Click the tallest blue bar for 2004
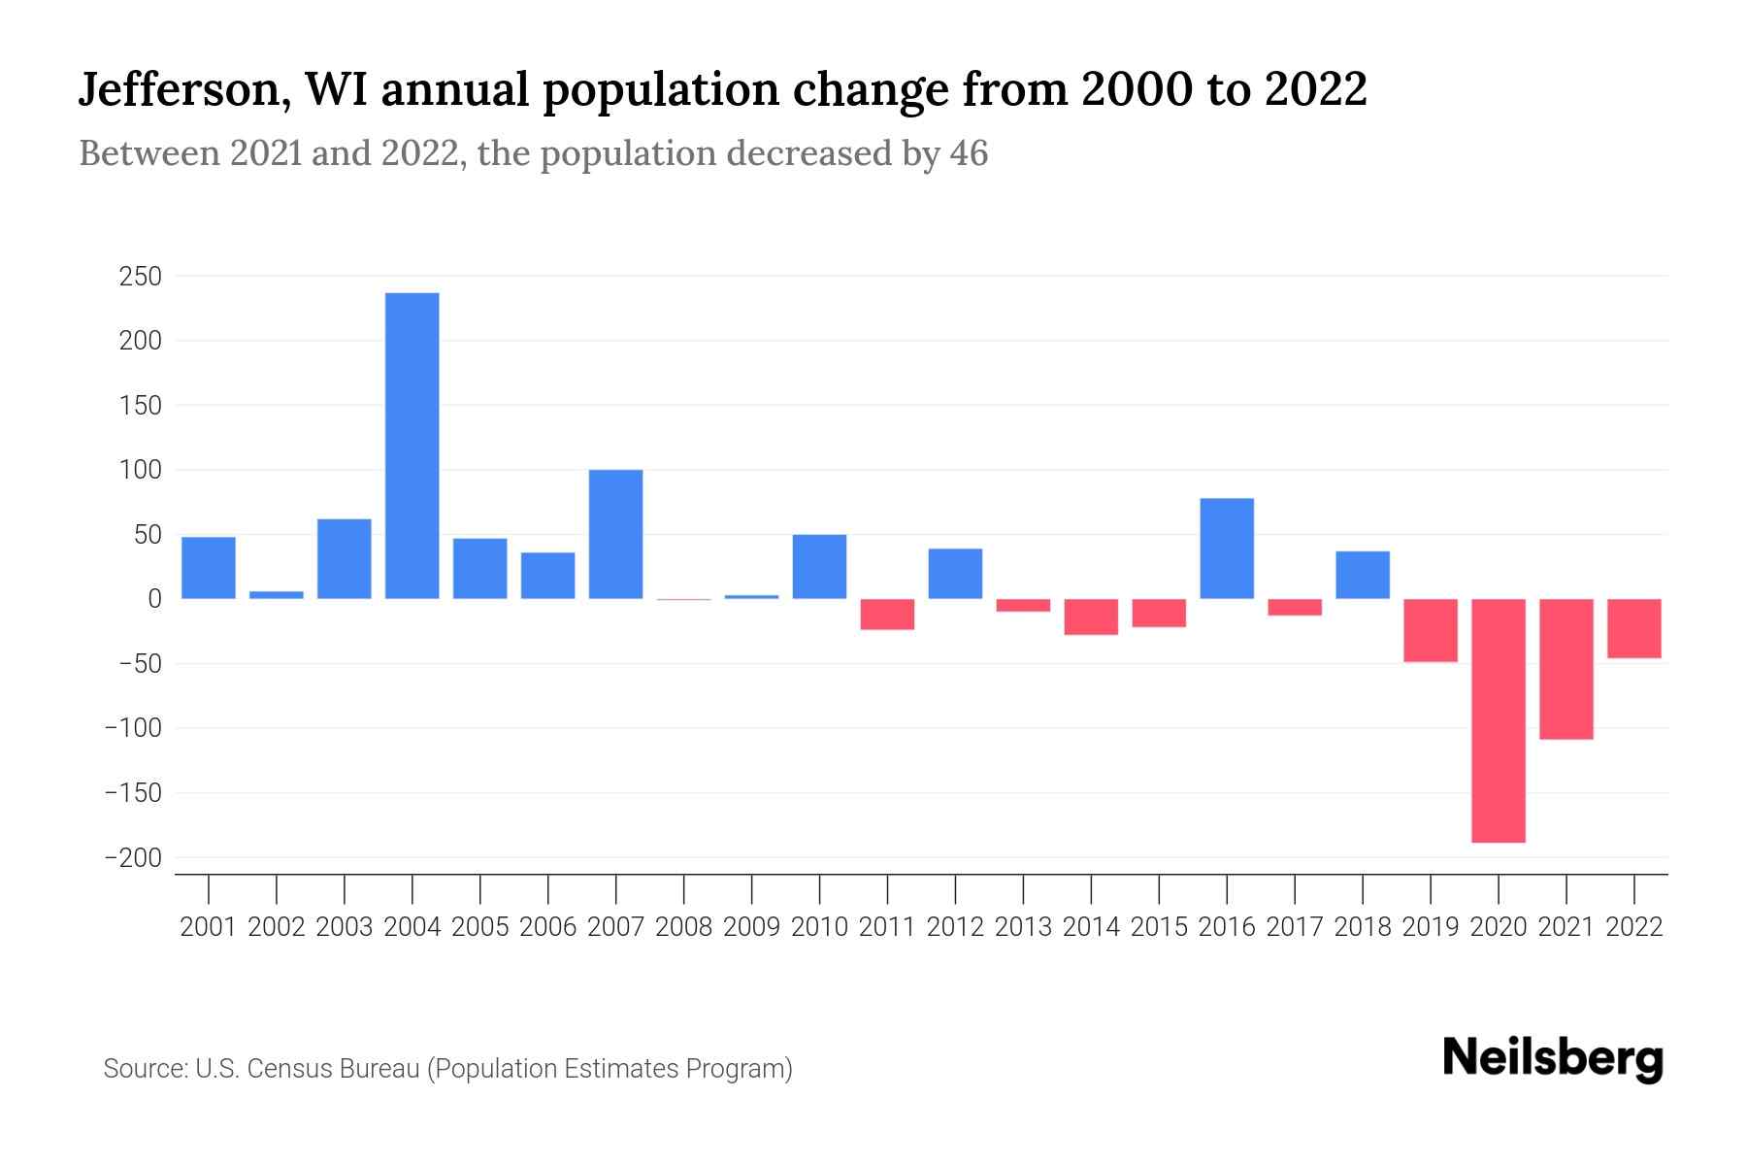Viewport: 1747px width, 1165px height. pyautogui.click(x=412, y=446)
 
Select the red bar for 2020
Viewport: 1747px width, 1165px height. pyautogui.click(x=1498, y=720)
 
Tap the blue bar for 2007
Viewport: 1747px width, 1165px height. pyautogui.click(x=615, y=534)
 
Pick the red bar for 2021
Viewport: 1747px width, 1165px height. pyautogui.click(x=1566, y=669)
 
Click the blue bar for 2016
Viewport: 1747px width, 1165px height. pyautogui.click(x=1227, y=549)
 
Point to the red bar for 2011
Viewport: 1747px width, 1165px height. pyautogui.click(x=887, y=615)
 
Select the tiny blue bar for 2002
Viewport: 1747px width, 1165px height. pyautogui.click(x=277, y=595)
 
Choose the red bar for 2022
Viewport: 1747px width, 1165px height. pyautogui.click(x=1633, y=628)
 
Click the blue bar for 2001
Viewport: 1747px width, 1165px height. pyautogui.click(x=209, y=568)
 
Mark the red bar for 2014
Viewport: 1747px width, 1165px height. pyautogui.click(x=1091, y=616)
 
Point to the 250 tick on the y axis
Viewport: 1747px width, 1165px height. pyautogui.click(x=140, y=277)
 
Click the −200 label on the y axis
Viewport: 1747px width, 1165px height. pyautogui.click(x=133, y=858)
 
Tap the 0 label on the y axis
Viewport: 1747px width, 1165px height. pyautogui.click(x=153, y=599)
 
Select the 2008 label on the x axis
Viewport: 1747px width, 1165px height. pyautogui.click(x=683, y=927)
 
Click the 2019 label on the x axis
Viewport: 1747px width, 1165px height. pyautogui.click(x=1430, y=927)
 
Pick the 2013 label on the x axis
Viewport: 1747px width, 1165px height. pyautogui.click(x=1023, y=927)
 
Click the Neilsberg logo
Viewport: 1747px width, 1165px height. pyautogui.click(x=1552, y=1058)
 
